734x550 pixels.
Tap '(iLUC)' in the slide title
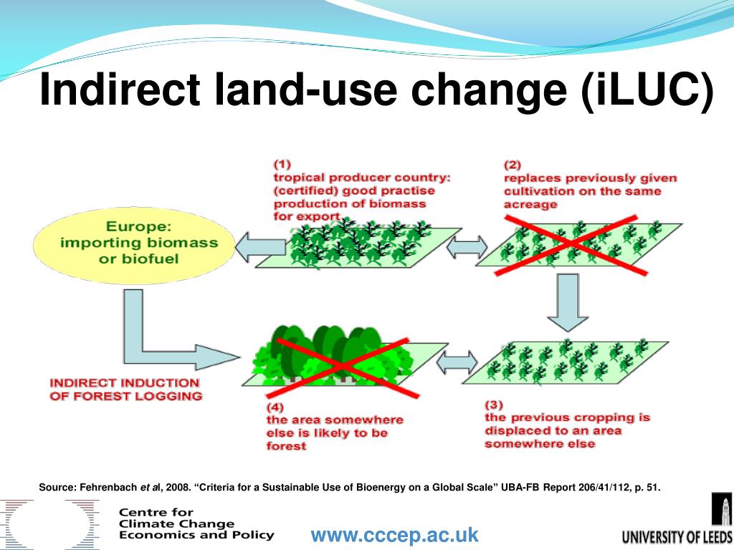point(647,90)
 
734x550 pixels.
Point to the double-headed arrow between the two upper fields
point(466,248)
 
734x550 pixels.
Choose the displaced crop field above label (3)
point(573,362)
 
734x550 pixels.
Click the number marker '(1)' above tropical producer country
point(282,163)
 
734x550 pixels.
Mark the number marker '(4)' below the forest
point(275,407)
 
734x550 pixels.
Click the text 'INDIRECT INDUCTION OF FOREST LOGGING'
point(125,389)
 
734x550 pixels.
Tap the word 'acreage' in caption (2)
point(530,205)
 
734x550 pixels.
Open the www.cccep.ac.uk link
point(394,535)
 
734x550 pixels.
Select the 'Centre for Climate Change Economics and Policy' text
point(196,524)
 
